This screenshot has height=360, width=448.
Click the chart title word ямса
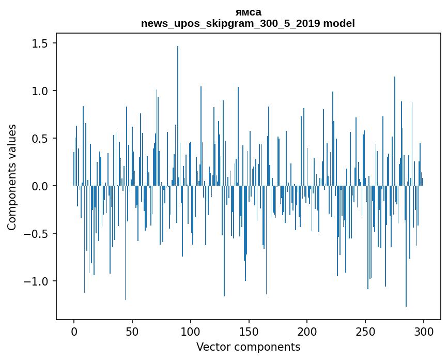click(248, 12)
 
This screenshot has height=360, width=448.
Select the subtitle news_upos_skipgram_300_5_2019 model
click(248, 23)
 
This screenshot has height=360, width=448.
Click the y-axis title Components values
click(12, 177)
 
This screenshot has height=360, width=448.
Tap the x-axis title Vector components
click(248, 347)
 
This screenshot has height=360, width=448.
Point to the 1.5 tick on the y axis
click(40, 43)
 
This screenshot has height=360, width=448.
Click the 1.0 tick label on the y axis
click(40, 91)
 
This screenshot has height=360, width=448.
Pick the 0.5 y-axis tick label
click(40, 139)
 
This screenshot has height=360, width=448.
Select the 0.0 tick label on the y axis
click(40, 186)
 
